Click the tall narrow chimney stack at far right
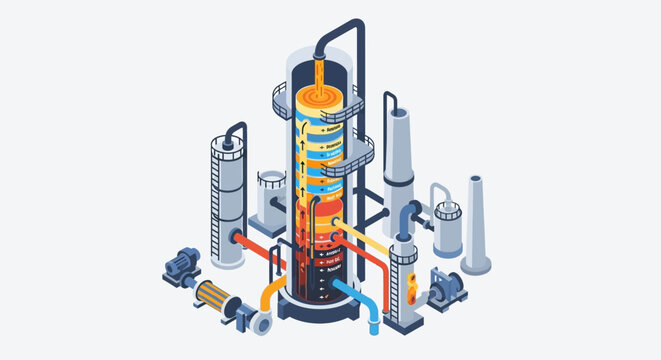coord(476,225)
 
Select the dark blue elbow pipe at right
coord(403,216)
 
